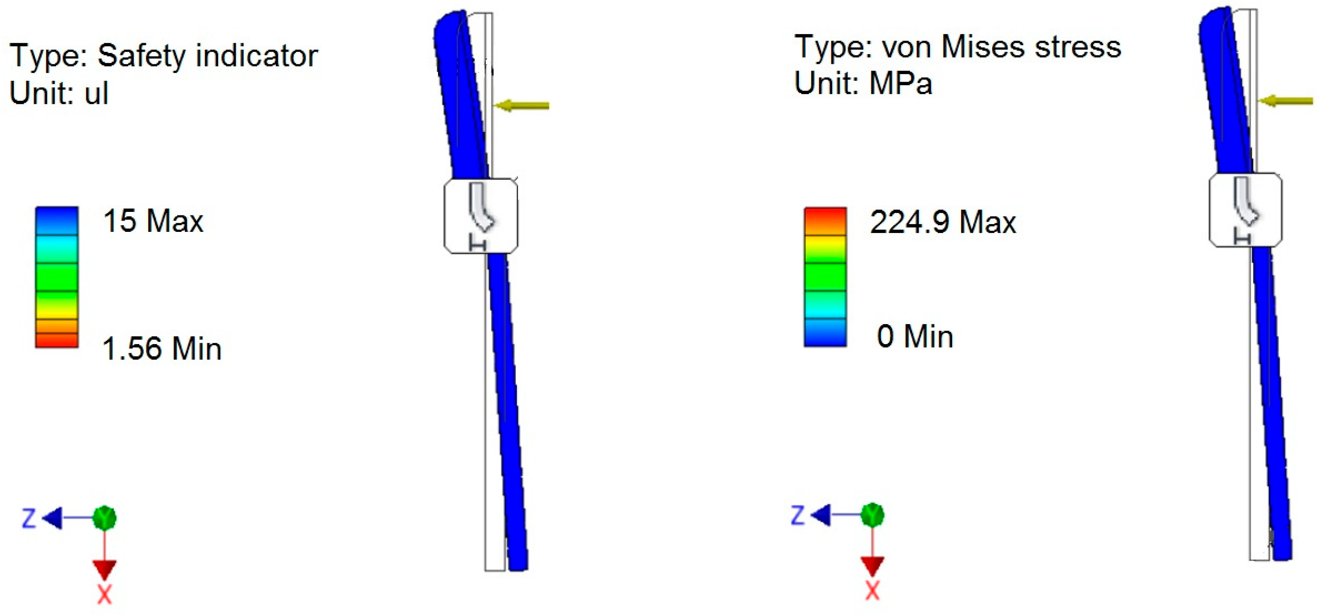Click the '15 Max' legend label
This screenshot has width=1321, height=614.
point(153,221)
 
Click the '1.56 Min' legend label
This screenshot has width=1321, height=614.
point(162,349)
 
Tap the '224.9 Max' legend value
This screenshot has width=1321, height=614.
point(943,222)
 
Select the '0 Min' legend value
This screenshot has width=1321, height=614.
point(914,337)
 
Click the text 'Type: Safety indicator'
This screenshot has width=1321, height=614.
point(164,55)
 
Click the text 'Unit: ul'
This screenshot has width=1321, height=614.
point(59,93)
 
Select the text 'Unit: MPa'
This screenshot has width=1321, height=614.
point(863,83)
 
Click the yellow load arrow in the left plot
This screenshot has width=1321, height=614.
point(523,106)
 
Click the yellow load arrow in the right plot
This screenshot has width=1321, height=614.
point(1287,101)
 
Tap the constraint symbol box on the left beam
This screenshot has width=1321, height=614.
point(480,216)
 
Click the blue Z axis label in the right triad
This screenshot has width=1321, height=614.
point(797,515)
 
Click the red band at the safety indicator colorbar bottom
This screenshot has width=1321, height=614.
point(57,340)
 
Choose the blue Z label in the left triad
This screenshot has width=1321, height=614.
point(29,518)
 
